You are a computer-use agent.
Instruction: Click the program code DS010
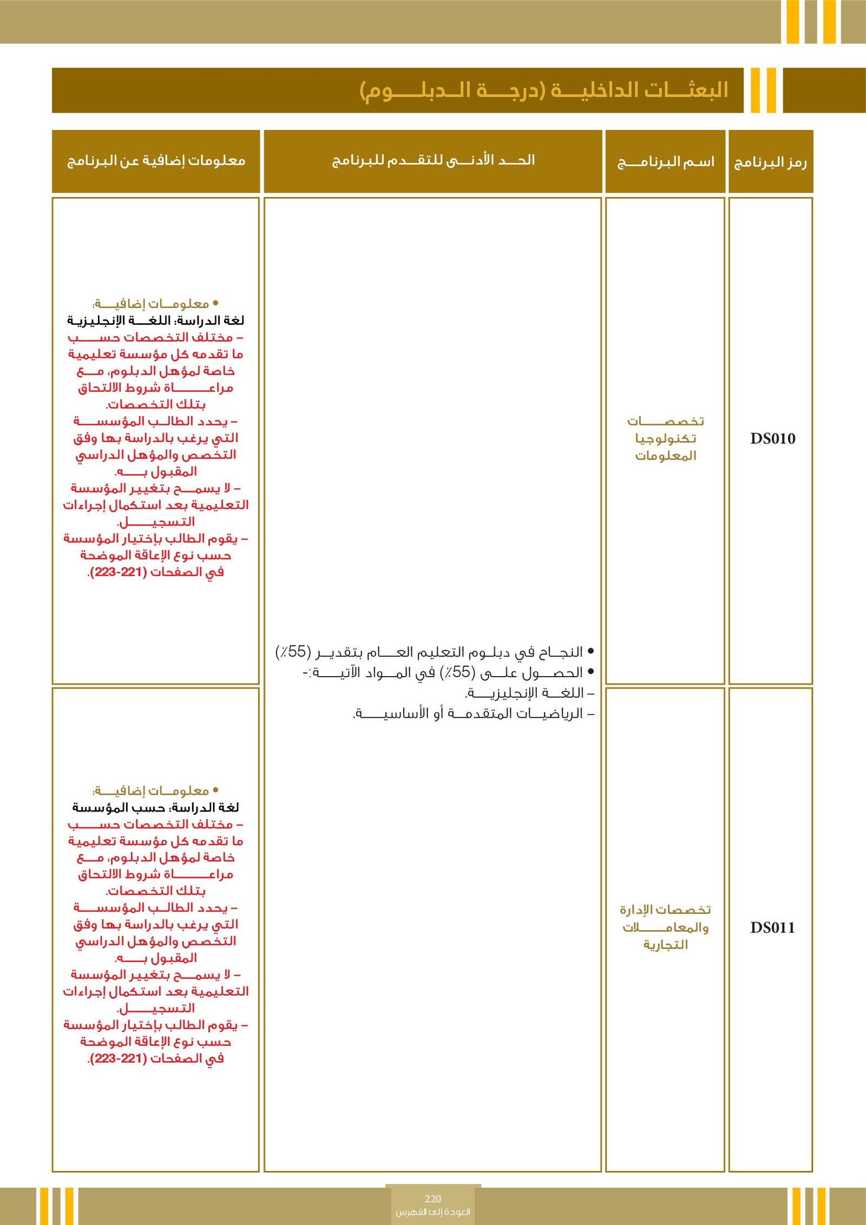772,438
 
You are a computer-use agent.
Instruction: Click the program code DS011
772,927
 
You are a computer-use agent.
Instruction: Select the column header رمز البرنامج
770,162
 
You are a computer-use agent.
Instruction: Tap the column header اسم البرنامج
666,162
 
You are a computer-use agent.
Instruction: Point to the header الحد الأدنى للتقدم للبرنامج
433,160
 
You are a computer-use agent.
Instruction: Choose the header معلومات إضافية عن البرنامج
156,161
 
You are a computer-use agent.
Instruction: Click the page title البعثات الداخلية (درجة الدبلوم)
543,90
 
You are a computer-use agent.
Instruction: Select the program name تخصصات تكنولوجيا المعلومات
666,438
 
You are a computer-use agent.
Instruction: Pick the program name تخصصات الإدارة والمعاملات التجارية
665,927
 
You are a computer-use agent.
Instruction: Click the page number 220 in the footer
433,1199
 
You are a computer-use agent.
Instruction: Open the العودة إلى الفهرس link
433,1211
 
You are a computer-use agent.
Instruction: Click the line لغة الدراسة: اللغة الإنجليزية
156,320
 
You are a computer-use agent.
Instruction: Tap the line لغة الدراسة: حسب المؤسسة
156,808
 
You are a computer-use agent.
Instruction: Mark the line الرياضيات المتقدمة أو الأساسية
474,713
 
